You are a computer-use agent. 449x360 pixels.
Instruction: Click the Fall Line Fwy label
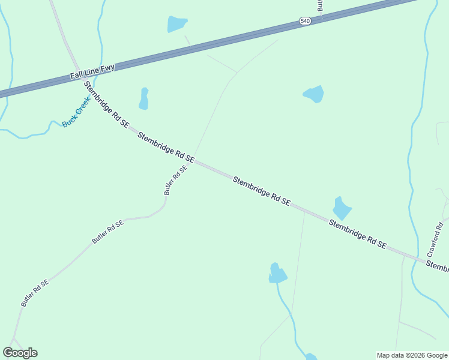click(x=92, y=73)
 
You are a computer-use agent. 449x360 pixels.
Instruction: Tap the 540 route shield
click(x=305, y=21)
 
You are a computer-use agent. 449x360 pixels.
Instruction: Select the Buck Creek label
click(x=76, y=112)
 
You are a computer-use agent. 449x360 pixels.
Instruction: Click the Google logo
click(x=20, y=353)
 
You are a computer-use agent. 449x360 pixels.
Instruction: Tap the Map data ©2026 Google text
click(x=411, y=355)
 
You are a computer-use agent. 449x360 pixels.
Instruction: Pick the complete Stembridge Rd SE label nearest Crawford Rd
click(x=357, y=233)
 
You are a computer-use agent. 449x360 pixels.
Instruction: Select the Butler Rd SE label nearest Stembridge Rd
click(x=175, y=179)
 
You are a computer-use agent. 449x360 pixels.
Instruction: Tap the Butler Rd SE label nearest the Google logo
click(x=34, y=293)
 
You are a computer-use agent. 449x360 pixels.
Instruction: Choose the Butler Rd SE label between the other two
click(x=107, y=232)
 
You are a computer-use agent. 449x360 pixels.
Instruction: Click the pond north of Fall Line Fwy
click(x=177, y=24)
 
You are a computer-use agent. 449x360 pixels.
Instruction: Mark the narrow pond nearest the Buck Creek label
click(x=143, y=99)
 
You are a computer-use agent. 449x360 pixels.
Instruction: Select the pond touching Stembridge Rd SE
click(x=342, y=208)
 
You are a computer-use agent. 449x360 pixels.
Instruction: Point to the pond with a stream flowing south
click(x=277, y=274)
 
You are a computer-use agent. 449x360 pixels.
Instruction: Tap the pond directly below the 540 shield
click(x=314, y=94)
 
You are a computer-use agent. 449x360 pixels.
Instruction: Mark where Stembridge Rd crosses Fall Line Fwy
click(x=77, y=67)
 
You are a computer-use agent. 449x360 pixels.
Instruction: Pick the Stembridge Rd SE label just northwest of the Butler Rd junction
click(x=166, y=148)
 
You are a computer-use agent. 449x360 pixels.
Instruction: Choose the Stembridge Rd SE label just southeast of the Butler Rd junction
click(x=262, y=191)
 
